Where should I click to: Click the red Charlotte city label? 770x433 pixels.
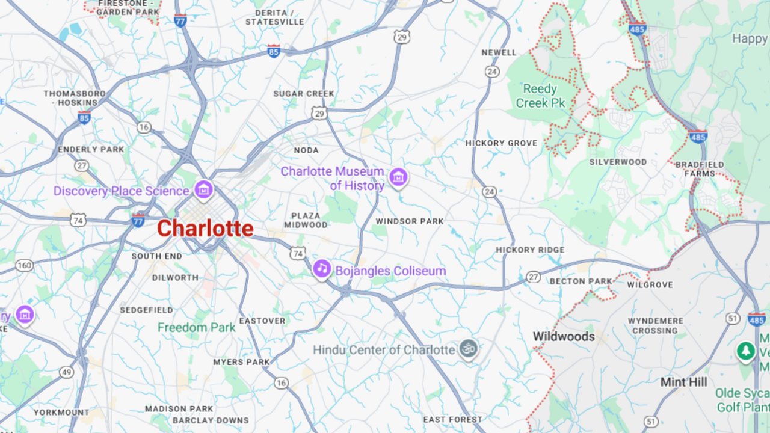coord(205,229)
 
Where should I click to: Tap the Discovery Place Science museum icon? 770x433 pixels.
coord(203,191)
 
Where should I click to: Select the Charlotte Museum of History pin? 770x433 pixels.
coord(398,177)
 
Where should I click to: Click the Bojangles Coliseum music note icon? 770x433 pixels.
coord(322,268)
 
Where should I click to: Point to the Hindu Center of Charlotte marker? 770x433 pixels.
coord(468,348)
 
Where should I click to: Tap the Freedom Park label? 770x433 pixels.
coord(196,328)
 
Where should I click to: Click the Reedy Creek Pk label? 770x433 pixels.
coord(540,96)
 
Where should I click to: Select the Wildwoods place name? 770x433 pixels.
coord(564,337)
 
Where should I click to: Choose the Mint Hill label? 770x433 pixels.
coord(684,382)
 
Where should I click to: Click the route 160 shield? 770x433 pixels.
coord(24,265)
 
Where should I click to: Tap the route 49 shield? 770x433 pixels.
coord(66,373)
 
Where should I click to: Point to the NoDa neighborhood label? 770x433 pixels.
coord(306,150)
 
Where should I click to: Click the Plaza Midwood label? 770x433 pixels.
coord(306,220)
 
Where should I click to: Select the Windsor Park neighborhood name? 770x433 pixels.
coord(410,221)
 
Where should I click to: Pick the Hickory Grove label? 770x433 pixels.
coord(501,143)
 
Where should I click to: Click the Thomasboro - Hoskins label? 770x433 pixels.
coord(75,98)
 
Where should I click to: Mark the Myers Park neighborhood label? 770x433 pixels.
coord(242,362)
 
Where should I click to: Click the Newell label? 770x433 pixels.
coord(499,52)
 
